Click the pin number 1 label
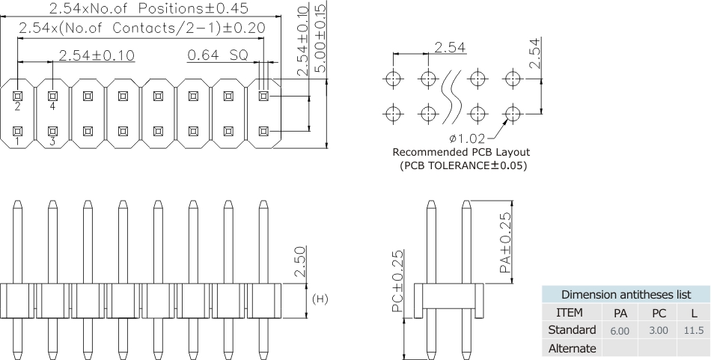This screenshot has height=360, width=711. click(17, 141)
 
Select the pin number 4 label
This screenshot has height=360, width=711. click(52, 106)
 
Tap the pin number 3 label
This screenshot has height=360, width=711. click(52, 141)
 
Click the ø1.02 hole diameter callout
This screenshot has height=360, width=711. click(466, 138)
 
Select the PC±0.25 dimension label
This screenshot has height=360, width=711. click(398, 281)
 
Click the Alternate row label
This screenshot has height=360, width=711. click(572, 347)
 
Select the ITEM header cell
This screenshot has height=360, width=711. click(572, 312)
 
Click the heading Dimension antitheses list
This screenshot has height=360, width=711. click(626, 294)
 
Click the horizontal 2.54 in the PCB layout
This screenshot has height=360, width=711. click(450, 47)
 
